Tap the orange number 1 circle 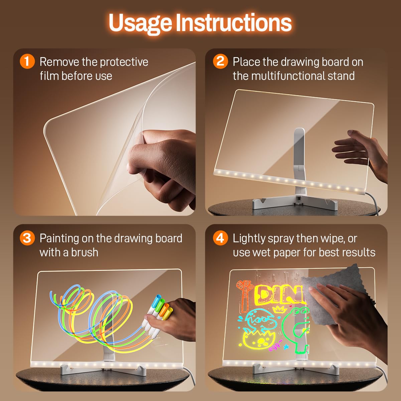[27, 62]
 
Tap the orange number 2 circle [220, 62]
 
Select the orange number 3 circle [27, 238]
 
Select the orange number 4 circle [220, 238]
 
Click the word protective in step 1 [124, 62]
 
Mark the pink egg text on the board [275, 348]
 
